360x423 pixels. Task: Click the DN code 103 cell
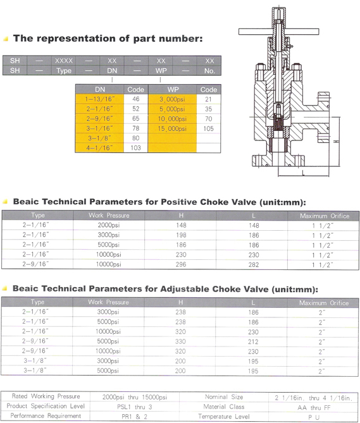(136, 148)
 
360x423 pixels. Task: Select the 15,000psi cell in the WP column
(172, 129)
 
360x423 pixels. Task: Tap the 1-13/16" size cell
(99, 99)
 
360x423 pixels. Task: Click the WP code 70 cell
(208, 119)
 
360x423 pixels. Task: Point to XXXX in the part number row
(64, 61)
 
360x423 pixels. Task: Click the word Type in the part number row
(64, 71)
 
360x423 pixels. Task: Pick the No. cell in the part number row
(209, 71)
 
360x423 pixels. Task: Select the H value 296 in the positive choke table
(181, 264)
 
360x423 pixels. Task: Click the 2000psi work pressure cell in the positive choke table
(108, 225)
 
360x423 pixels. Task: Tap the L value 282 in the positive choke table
(254, 265)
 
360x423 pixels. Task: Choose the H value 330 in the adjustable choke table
(180, 341)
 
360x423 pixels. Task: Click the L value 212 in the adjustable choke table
(253, 342)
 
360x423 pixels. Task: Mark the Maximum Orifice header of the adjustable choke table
(324, 303)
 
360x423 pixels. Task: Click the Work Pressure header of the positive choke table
(109, 215)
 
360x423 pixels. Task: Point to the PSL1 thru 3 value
(134, 407)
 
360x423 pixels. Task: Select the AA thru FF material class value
(314, 407)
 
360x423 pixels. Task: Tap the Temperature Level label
(224, 417)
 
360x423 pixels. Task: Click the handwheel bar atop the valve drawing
(279, 32)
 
